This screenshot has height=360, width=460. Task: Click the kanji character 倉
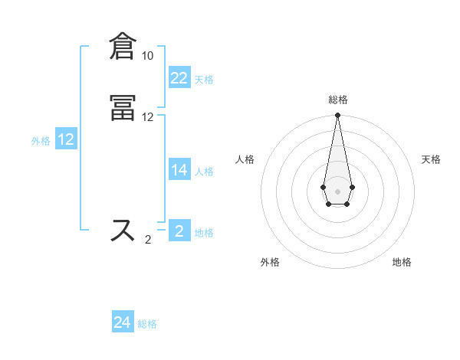point(124,46)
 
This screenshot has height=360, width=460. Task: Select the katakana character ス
point(124,230)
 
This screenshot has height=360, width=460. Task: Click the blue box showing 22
point(179,78)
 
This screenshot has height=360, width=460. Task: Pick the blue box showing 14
point(179,170)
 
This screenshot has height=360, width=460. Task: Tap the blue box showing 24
point(123,323)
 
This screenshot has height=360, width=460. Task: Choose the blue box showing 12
point(66,139)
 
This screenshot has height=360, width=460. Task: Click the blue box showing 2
point(179,231)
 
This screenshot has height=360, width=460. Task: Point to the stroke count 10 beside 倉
point(147,56)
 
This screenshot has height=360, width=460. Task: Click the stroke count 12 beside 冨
point(147,117)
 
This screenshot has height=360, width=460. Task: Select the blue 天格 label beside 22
point(204,80)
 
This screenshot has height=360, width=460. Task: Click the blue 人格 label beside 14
point(204,172)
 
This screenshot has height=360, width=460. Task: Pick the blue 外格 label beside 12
point(41,141)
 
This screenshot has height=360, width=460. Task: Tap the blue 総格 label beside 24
point(147,325)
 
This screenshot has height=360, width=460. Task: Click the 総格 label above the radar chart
point(337,100)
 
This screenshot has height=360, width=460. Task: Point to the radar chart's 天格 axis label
point(431,159)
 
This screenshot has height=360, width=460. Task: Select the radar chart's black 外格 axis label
point(270,262)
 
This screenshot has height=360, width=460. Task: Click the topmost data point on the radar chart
point(337,116)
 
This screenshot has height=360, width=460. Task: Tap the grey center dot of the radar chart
point(337,191)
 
